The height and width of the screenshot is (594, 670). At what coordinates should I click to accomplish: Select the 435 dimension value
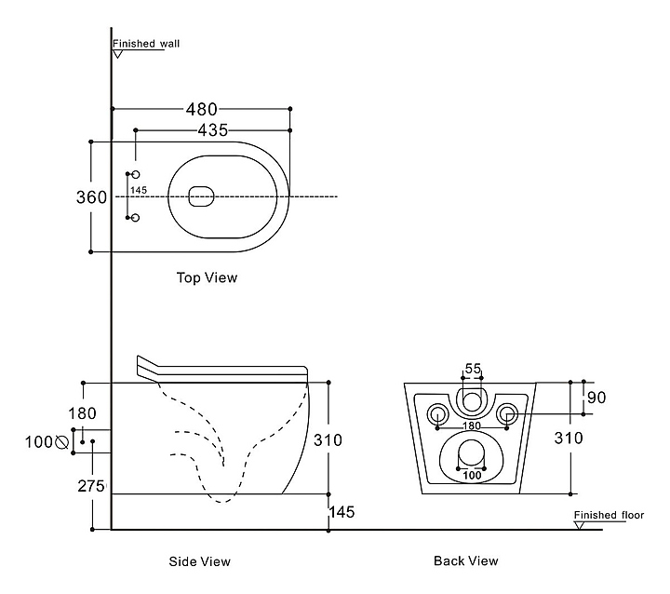(x=212, y=130)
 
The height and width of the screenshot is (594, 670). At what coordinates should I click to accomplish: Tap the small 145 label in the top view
(x=139, y=191)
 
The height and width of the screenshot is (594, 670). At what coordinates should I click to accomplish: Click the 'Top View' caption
(x=207, y=277)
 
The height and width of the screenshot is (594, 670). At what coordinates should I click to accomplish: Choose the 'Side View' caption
(x=199, y=561)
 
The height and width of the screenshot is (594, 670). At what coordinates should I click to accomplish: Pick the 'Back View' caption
(x=465, y=560)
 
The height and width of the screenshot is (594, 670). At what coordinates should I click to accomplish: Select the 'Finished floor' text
(x=609, y=515)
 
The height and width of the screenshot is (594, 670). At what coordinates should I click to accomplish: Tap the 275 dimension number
(x=92, y=486)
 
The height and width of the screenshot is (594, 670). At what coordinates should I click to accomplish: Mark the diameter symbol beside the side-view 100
(x=63, y=441)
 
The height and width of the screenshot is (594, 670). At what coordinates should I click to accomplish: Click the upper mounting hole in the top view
(x=135, y=175)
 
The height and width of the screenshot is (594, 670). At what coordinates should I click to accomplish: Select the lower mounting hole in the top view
(x=135, y=218)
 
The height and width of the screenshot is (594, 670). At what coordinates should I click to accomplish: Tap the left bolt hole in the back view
(x=436, y=413)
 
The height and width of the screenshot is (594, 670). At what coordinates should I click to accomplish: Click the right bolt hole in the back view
(x=507, y=413)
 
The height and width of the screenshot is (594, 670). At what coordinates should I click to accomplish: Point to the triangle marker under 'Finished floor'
(x=580, y=524)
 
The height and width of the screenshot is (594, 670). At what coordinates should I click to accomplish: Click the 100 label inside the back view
(x=473, y=475)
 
